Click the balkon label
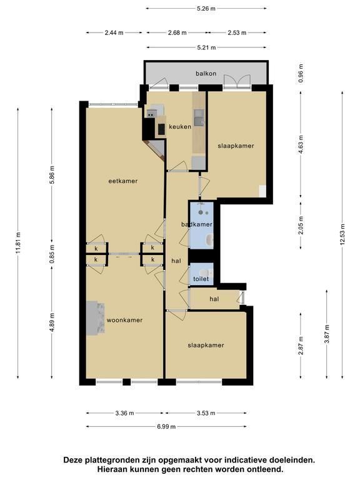pos(206,74)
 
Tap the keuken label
pos(180,126)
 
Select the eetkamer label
pos(123,181)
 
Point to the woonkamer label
pos(124,320)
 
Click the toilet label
pos(201,279)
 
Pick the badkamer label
pos(197,224)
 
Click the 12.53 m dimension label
pos(342,234)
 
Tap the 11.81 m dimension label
pos(18,242)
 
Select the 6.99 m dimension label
pos(166,426)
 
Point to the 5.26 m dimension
pos(206,9)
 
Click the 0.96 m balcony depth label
pos(301,73)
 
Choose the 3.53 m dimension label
pos(206,413)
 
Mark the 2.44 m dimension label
pos(114,32)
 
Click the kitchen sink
pos(199,118)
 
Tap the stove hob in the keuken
pos(161,129)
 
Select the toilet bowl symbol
pos(206,272)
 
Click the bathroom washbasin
pos(210,240)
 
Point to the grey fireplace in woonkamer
pos(95,318)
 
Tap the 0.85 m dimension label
pos(52,254)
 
